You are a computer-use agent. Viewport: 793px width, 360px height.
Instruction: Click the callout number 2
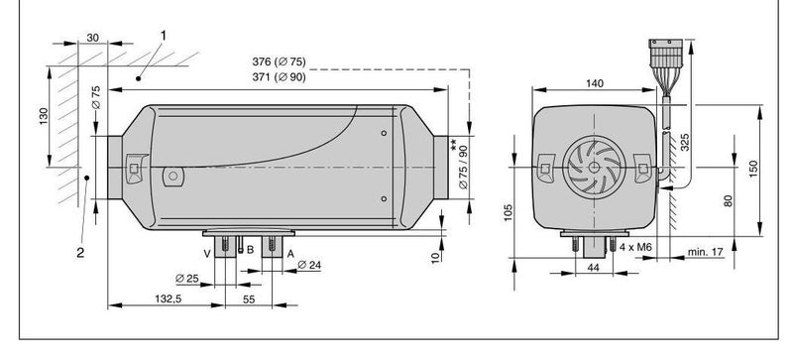pyautogui.click(x=80, y=251)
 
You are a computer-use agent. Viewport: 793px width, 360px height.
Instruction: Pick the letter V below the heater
pyautogui.click(x=206, y=252)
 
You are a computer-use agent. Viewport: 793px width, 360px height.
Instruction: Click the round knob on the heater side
pyautogui.click(x=172, y=178)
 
